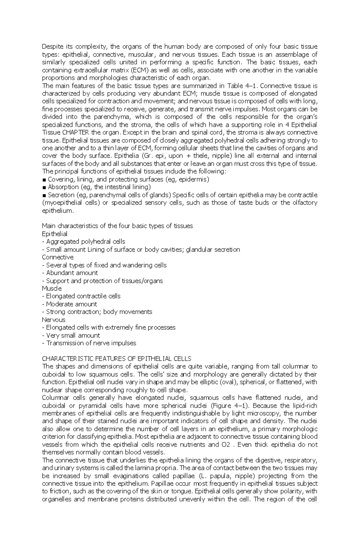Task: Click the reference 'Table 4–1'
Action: coord(240,86)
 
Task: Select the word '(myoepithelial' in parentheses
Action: coord(61,203)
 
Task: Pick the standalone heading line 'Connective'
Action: coord(58,257)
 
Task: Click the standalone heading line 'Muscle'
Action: coord(52,289)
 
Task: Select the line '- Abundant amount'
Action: coord(70,273)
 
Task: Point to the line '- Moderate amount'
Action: coord(70,304)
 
